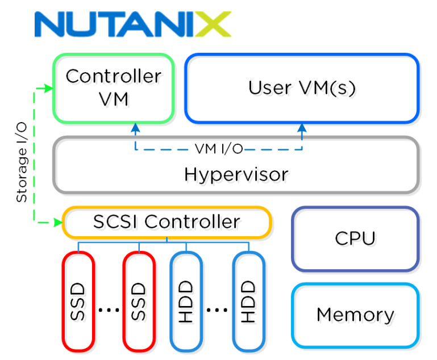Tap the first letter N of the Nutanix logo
(x=51, y=24)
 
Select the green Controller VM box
(x=113, y=88)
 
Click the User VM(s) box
(x=301, y=88)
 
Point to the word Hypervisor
(x=236, y=174)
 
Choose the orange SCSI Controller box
(x=166, y=222)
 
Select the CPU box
(x=355, y=238)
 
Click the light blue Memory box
(x=355, y=315)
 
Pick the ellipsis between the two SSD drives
(x=108, y=309)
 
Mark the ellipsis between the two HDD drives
(x=217, y=309)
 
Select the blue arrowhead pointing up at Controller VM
(x=135, y=127)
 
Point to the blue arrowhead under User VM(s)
(x=302, y=128)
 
